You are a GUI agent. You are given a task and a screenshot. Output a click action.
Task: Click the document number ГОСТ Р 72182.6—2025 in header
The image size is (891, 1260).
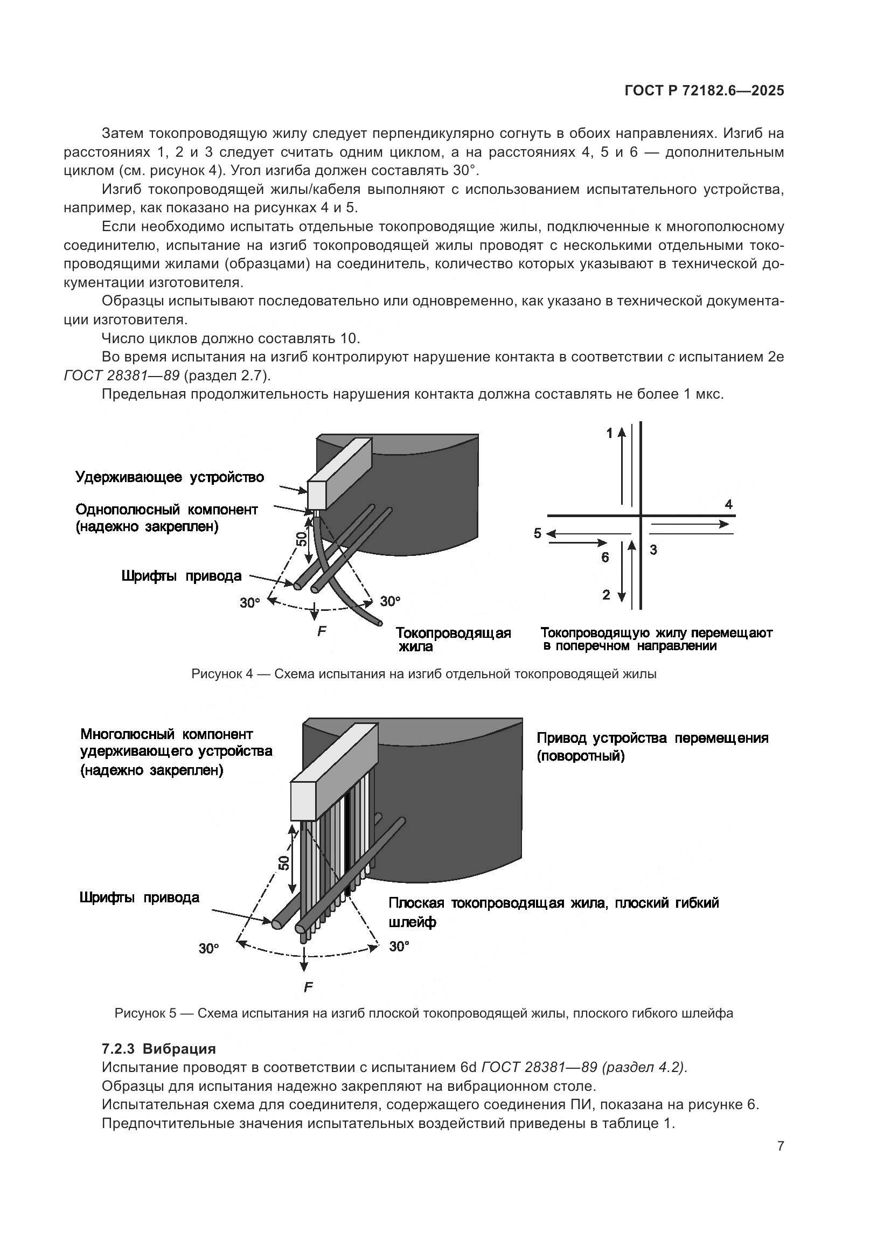[x=704, y=91]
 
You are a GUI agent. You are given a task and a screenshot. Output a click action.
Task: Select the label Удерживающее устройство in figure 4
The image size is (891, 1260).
[x=170, y=477]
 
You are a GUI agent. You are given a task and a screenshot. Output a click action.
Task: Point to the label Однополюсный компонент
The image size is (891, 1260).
[x=166, y=509]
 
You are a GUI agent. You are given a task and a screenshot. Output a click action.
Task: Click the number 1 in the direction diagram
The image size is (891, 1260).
[x=609, y=434]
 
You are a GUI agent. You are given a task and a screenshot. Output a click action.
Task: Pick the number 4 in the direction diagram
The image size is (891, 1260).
[x=729, y=504]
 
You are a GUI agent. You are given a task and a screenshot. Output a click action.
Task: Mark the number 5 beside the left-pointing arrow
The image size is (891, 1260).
[x=538, y=533]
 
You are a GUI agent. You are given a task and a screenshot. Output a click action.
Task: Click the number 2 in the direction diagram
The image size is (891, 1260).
[x=605, y=595]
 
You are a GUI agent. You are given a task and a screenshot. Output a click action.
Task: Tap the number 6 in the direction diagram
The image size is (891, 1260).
[x=604, y=558]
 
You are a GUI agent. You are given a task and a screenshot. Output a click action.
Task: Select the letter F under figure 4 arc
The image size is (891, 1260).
[x=322, y=632]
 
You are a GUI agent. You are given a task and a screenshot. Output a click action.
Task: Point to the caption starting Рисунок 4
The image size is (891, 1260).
[x=423, y=674]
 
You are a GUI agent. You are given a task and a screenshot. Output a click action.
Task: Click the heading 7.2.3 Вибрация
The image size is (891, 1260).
[x=158, y=1049]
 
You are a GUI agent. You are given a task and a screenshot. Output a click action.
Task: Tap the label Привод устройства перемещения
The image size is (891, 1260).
[x=652, y=738]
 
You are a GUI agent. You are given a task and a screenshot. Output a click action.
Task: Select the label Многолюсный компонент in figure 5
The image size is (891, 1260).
[x=167, y=734]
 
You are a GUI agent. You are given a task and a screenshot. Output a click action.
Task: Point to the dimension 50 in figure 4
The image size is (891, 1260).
[x=301, y=539]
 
